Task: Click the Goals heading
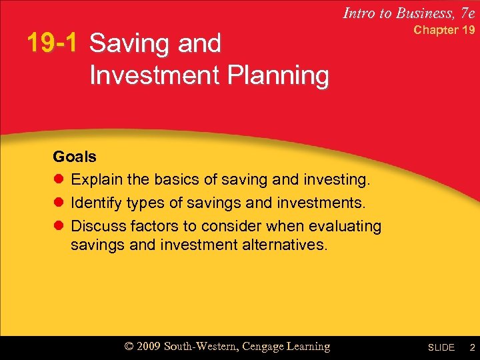point(75,157)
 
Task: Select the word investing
point(337,180)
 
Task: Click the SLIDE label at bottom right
point(441,348)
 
